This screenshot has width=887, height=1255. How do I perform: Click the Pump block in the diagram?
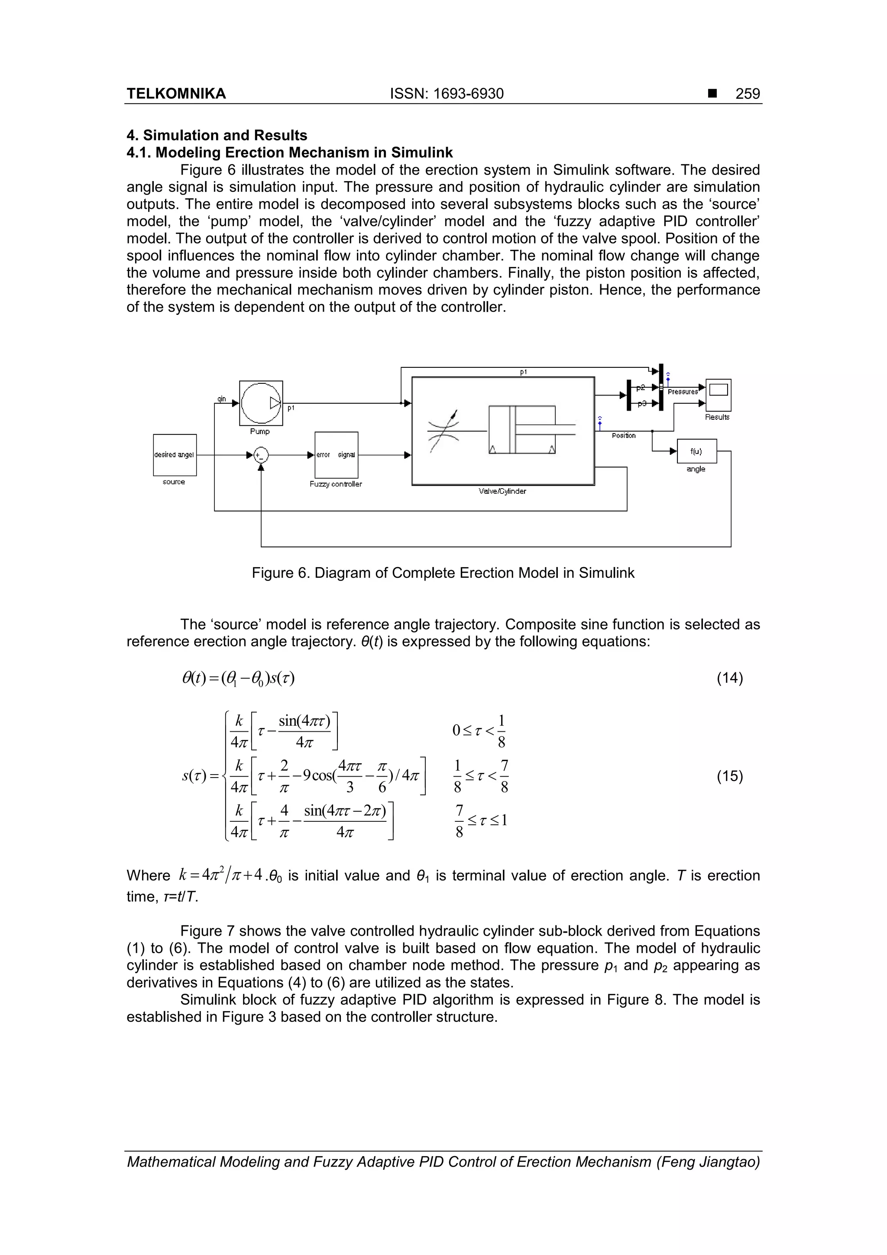click(261, 403)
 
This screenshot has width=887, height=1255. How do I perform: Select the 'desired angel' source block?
click(175, 455)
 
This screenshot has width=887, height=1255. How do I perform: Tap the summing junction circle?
click(261, 455)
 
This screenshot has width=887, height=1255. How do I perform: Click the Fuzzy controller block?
click(336, 455)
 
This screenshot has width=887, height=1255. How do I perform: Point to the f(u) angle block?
click(696, 451)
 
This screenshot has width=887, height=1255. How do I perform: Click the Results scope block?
click(718, 395)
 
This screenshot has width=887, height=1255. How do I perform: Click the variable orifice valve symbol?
click(444, 430)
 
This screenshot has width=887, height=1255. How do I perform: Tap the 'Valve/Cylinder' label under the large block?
click(502, 491)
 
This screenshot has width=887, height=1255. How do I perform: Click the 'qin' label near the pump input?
click(221, 399)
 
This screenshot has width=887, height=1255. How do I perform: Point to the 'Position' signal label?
click(624, 436)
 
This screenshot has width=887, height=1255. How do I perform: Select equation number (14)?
click(730, 678)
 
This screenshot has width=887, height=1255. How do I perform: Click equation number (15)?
click(730, 776)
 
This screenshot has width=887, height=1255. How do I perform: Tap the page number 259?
click(747, 94)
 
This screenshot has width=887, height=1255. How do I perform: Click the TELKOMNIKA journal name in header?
click(176, 94)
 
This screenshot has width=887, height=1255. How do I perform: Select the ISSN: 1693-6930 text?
click(447, 94)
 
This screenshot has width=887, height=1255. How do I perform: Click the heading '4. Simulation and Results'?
click(217, 135)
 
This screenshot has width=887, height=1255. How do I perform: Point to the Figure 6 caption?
click(443, 573)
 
